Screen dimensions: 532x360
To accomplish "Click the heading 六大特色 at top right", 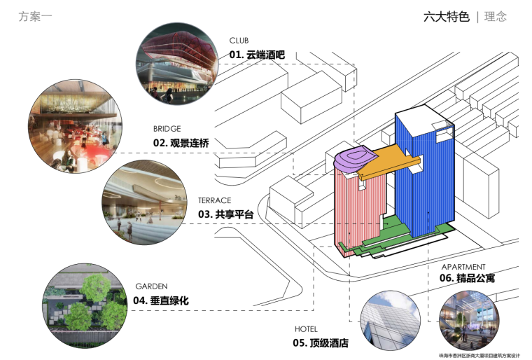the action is (x=446, y=17).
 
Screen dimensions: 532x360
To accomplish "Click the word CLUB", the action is (x=239, y=41).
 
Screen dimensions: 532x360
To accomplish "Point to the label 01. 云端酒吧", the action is (x=257, y=54).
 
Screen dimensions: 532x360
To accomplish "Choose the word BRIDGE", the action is (x=167, y=129).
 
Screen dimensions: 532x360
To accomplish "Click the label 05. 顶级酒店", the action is (x=321, y=343).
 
